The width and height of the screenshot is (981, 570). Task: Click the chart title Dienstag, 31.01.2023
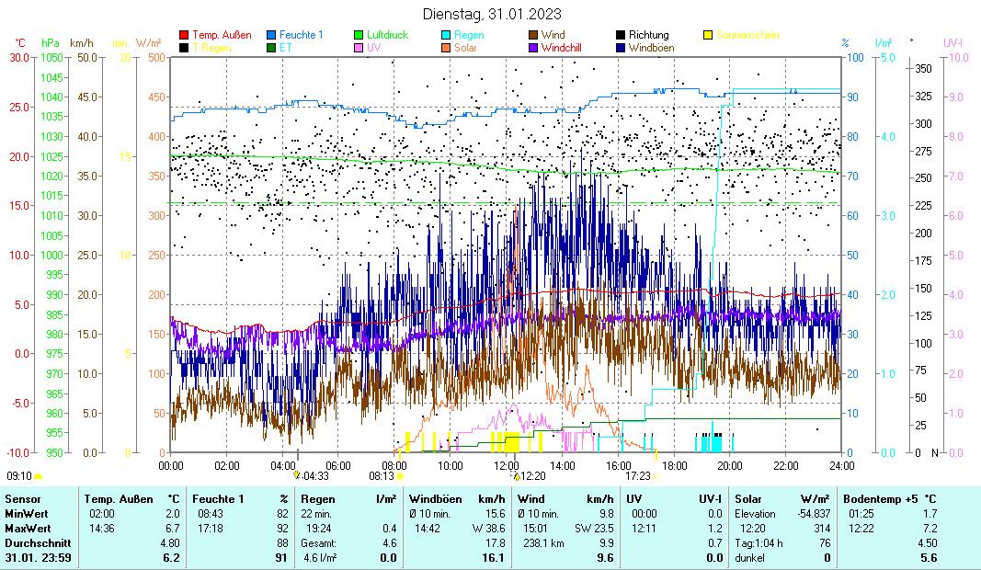(x=492, y=15)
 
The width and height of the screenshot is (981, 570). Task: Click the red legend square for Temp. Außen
(x=184, y=35)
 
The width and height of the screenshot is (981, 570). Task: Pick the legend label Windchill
(x=566, y=47)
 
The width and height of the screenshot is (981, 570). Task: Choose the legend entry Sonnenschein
(x=747, y=35)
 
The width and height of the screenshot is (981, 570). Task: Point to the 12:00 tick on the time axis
(x=507, y=465)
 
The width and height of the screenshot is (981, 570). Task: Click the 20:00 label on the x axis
(x=730, y=465)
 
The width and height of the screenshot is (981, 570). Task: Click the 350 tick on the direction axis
(x=923, y=69)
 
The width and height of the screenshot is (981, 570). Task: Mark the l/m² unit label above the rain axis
(x=884, y=42)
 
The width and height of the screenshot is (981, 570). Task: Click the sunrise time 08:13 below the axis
(x=382, y=476)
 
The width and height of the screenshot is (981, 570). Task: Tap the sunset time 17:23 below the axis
(x=638, y=476)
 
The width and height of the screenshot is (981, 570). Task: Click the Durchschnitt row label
(x=34, y=543)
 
